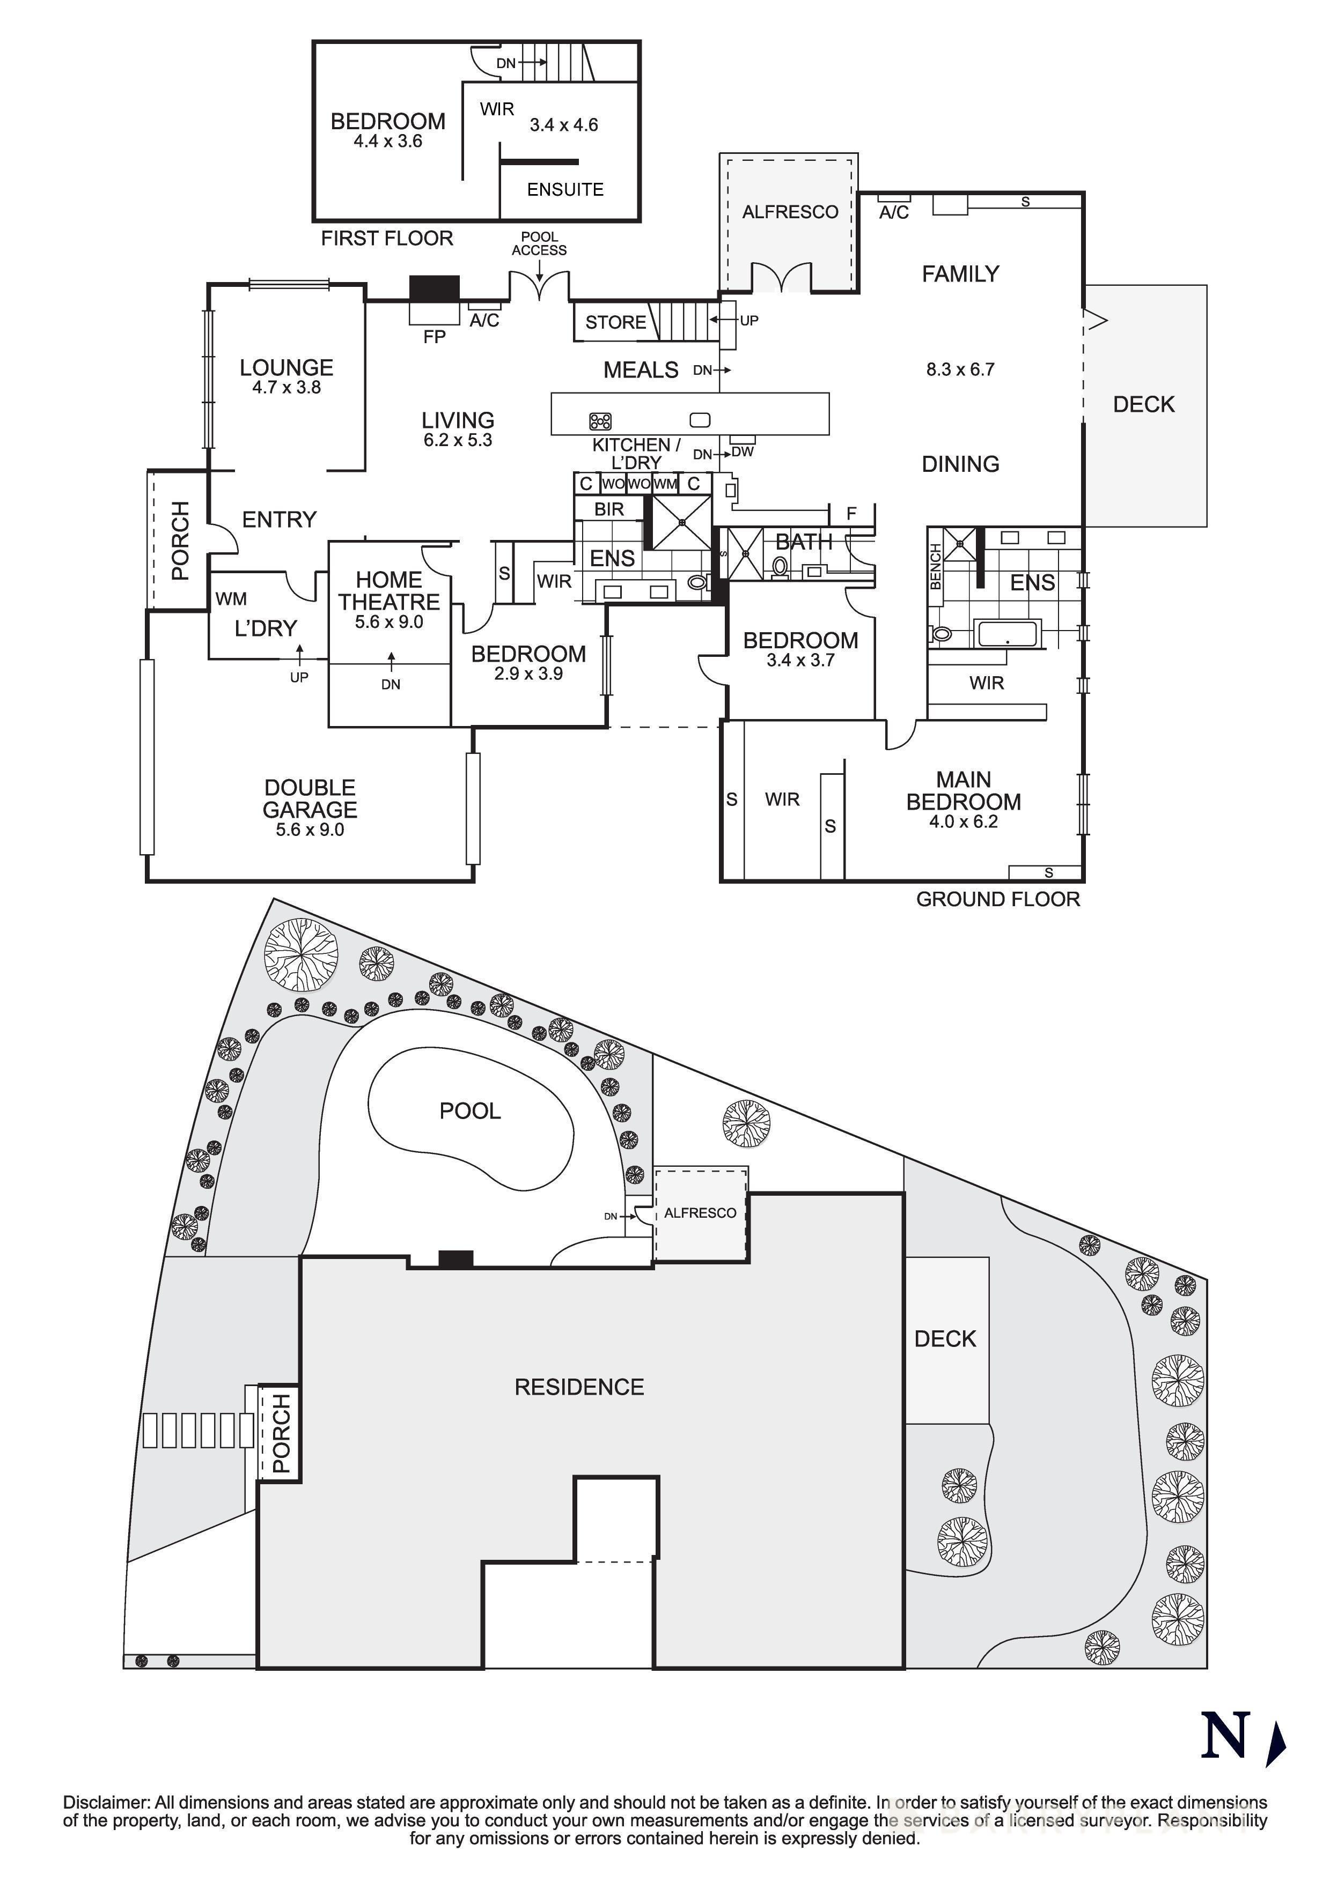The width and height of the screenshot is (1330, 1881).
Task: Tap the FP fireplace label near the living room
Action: [x=435, y=337]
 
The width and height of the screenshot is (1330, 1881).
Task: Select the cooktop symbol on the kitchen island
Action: [x=600, y=421]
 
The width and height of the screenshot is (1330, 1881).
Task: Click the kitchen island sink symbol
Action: [x=699, y=420]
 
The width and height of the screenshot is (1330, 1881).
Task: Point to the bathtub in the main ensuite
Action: [x=1006, y=633]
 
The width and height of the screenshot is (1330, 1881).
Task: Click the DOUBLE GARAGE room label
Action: [x=310, y=799]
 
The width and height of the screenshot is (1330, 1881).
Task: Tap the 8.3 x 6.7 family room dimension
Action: [x=960, y=369]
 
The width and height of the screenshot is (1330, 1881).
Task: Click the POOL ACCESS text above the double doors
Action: [x=539, y=243]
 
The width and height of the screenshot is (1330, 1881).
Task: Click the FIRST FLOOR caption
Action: [x=387, y=239]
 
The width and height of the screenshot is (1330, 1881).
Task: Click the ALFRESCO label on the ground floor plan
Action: [x=790, y=212]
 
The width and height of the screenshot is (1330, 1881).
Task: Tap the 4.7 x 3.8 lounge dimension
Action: [x=286, y=388]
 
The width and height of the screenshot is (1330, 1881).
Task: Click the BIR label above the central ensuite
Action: [x=609, y=509]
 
